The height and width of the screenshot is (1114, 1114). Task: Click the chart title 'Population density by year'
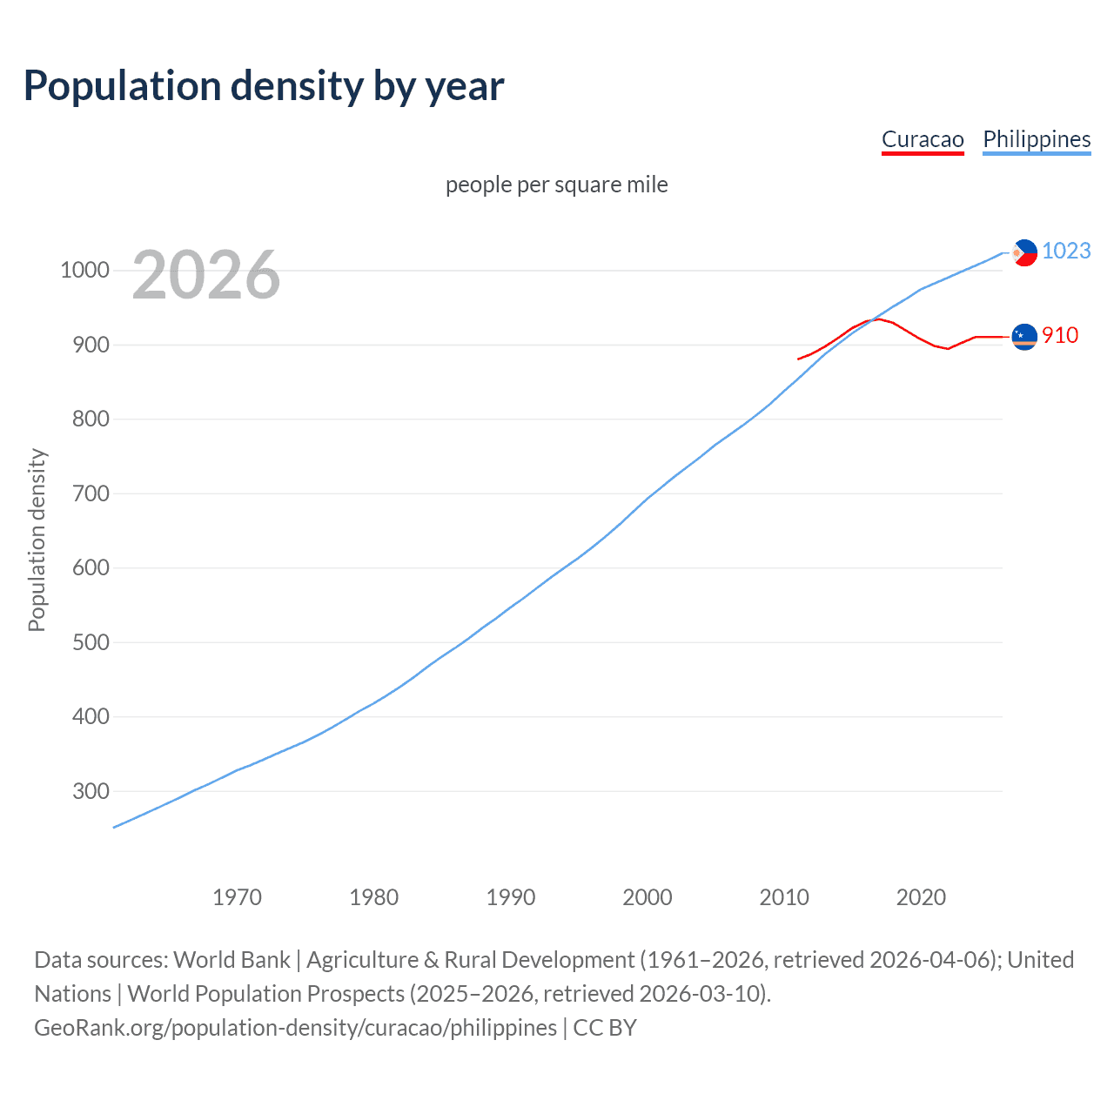263,86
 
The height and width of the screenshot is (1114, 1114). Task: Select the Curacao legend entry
923,140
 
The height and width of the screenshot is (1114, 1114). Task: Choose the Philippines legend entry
1037,140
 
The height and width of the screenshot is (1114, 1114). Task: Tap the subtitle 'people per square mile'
556,185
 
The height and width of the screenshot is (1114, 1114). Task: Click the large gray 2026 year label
206,275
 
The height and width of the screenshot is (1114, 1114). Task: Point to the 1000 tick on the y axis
84,271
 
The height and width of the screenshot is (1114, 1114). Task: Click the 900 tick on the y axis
91,346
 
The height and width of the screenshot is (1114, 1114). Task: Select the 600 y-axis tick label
91,568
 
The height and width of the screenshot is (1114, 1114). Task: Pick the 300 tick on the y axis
91,792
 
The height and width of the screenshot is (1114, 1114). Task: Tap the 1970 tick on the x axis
237,897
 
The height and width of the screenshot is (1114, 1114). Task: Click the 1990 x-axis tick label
511,897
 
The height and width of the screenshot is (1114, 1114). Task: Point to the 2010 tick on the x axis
784,897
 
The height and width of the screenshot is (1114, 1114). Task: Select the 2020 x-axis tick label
921,897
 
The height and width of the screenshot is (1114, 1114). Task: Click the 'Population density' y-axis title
37,540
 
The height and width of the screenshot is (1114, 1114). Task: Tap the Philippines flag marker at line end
1024,252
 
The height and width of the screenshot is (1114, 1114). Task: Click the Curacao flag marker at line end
1024,336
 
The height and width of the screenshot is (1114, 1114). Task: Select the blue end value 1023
1066,252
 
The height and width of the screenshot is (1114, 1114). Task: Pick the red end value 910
1060,336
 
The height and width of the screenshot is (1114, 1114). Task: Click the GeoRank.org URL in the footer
296,1028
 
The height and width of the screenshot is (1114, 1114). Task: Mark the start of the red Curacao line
798,359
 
